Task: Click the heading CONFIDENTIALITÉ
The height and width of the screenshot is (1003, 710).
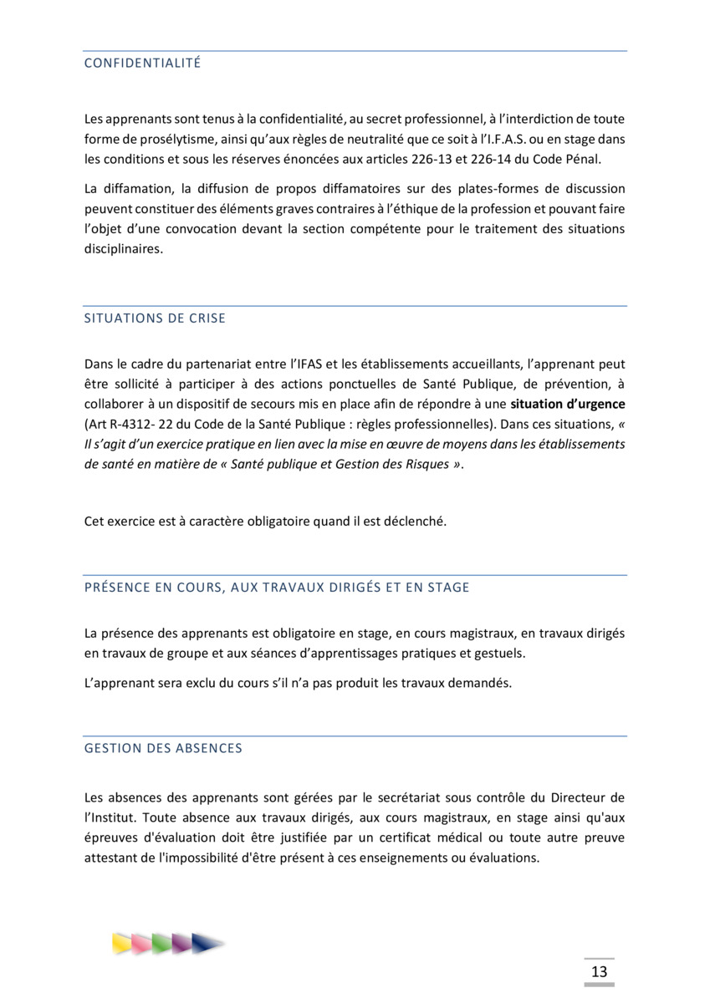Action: (x=142, y=63)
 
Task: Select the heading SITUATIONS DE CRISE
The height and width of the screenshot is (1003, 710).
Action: (x=155, y=318)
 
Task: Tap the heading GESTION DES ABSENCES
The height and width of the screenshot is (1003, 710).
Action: (x=163, y=748)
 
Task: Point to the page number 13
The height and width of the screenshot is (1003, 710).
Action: (x=599, y=971)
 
